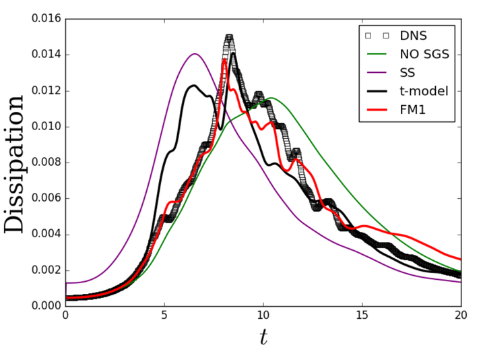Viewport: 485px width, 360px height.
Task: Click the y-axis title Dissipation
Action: coord(15,163)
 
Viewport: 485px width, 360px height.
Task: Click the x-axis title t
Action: coord(263,338)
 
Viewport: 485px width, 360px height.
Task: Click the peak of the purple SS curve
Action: coord(195,54)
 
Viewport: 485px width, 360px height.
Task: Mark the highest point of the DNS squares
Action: coord(229,38)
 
